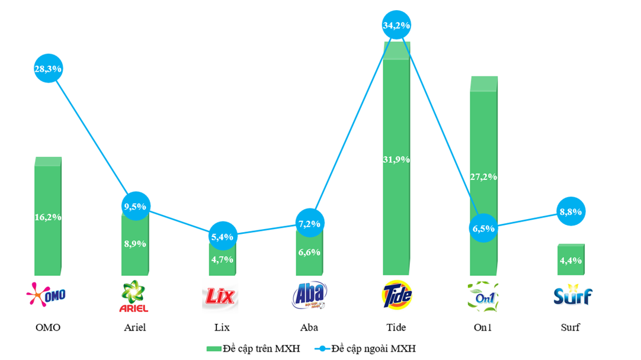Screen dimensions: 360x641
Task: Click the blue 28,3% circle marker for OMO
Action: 48,69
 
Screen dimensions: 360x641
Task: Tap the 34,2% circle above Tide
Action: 396,25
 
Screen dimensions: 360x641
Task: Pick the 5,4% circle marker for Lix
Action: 222,236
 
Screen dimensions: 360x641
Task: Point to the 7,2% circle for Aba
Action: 309,224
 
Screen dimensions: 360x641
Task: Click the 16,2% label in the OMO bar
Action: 48,217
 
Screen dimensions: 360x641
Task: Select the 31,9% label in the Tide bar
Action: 396,159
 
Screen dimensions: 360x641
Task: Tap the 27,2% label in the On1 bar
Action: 483,176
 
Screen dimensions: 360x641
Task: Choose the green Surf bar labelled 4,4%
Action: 571,260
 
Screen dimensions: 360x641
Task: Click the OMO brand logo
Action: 47,294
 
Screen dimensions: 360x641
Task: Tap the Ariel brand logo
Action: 134,296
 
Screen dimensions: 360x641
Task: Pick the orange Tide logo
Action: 396,294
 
